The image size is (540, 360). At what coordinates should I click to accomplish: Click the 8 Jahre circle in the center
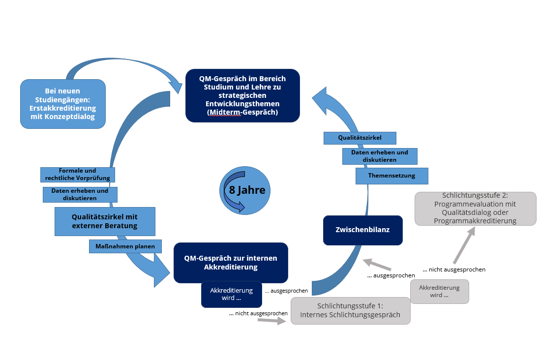245,190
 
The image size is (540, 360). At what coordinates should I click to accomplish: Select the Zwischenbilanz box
362,230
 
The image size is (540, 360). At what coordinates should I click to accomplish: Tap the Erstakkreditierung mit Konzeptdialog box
63,104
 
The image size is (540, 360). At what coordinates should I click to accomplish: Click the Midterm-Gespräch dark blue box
242,95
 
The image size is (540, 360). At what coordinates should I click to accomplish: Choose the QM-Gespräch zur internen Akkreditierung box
231,263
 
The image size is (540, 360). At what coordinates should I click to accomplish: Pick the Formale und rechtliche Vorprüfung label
78,174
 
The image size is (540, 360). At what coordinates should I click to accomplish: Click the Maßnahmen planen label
125,246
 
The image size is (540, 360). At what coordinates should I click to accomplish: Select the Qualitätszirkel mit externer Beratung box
105,221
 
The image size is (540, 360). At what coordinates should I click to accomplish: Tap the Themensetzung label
391,176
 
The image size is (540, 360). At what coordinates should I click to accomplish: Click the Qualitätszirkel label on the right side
360,138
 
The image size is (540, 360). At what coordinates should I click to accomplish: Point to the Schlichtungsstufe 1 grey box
350,311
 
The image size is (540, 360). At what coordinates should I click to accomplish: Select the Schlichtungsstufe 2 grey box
475,209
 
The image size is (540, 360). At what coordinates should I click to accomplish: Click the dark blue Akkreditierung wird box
232,294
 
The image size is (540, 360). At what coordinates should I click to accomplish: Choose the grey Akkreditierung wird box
439,291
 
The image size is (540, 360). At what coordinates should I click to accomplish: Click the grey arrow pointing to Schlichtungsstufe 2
464,245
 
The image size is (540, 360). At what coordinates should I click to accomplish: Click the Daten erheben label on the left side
80,194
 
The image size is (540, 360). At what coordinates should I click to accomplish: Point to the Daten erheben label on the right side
380,156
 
